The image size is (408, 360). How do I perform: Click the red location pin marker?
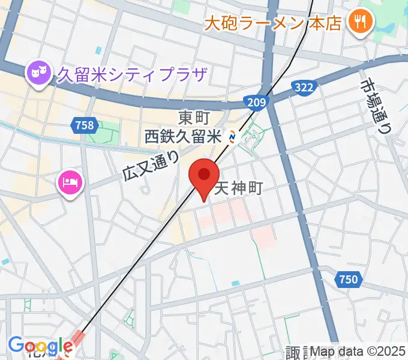tap(203, 176)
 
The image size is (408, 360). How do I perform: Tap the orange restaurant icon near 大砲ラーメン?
tap(361, 23)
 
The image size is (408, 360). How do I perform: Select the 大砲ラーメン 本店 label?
tap(273, 23)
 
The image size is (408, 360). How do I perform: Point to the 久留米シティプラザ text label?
tap(132, 74)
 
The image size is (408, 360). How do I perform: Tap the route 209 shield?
tap(256, 103)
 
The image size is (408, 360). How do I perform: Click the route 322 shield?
tap(304, 88)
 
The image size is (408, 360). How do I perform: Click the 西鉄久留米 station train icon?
tap(233, 137)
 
